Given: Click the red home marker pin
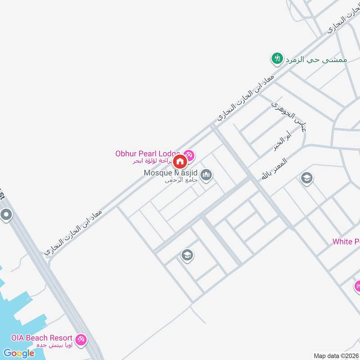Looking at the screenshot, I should [x=180, y=162].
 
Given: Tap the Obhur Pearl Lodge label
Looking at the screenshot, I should [x=148, y=153].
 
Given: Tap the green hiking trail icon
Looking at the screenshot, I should [x=276, y=58].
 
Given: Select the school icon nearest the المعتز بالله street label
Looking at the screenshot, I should [x=307, y=179].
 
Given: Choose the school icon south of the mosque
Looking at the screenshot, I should [x=187, y=256].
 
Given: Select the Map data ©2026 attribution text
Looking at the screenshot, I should [x=336, y=356].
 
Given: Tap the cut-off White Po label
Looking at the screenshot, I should [x=346, y=242].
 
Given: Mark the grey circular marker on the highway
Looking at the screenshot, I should [x=6, y=215].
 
